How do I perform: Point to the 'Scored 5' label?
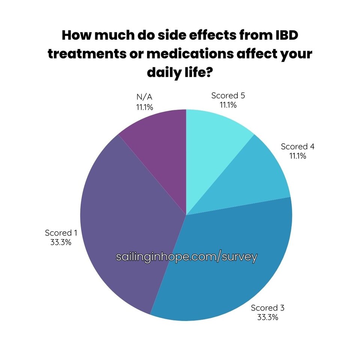pos(228,96)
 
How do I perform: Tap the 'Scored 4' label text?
pos(297,147)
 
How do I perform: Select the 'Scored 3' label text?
pos(268,308)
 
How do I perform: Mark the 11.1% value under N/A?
pos(144,108)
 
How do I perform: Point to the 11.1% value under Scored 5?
pos(228,105)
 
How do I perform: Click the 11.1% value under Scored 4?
pos(297,156)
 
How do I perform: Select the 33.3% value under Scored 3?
pos(268,318)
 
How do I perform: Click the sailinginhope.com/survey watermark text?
pos(187,257)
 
